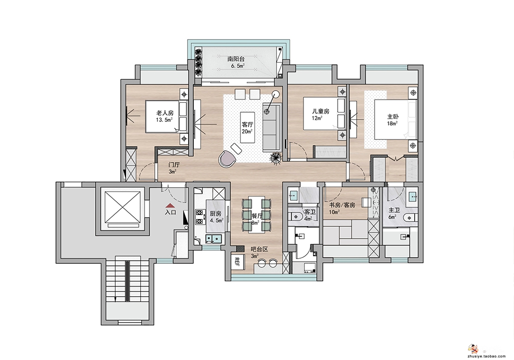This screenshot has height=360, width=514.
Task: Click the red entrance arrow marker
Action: [x=170, y=205]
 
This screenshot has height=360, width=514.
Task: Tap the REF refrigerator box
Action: [x=237, y=262]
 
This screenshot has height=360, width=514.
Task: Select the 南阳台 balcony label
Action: [x=236, y=59]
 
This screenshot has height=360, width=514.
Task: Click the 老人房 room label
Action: [x=164, y=114]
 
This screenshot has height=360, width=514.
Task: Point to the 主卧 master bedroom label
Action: [x=393, y=117]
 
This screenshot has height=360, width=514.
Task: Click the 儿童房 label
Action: [x=321, y=112]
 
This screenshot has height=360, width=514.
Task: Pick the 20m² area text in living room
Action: [x=247, y=132]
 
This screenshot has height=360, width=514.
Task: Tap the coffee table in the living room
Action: [x=247, y=127]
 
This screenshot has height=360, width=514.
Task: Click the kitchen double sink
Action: [x=213, y=239]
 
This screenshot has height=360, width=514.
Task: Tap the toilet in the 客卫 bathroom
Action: [x=296, y=217]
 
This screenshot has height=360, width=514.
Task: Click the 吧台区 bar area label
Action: [x=259, y=249]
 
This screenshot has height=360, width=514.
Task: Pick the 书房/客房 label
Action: [x=342, y=205]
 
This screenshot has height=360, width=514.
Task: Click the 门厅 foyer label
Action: [x=174, y=165]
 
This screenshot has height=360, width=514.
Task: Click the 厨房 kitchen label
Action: [x=215, y=214]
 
